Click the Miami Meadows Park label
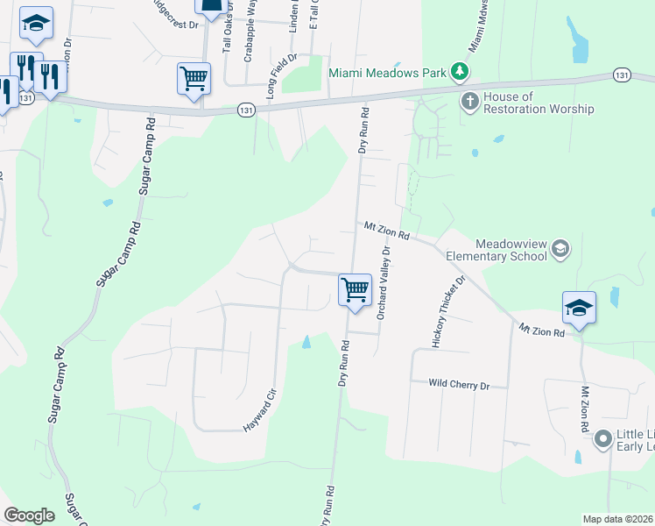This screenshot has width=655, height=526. click(x=387, y=73)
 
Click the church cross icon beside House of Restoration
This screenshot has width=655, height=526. click(x=469, y=102)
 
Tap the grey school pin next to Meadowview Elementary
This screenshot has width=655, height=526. click(x=561, y=250)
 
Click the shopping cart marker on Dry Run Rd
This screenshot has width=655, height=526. click(x=355, y=288)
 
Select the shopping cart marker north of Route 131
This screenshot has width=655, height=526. click(x=194, y=77)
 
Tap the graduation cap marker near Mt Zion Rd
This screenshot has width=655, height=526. click(x=578, y=309)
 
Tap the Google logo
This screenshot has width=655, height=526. click(x=29, y=515)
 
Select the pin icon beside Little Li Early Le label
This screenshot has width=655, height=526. click(x=602, y=438)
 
